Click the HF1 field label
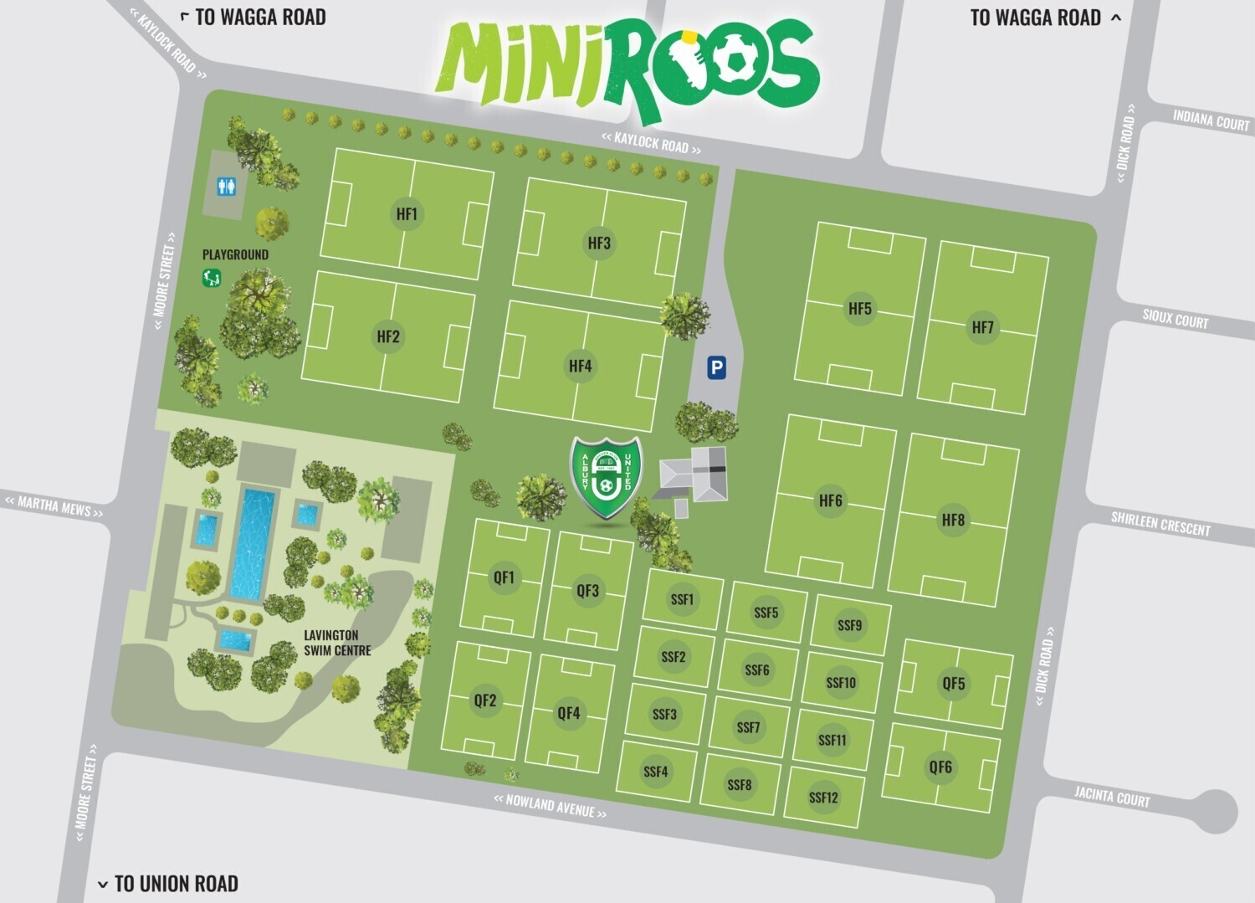[x=407, y=214]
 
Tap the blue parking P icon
[x=715, y=367]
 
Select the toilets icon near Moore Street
[x=226, y=187]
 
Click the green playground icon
[x=212, y=277]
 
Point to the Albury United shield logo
[x=606, y=478]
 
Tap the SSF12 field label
[x=823, y=798]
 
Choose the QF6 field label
[x=940, y=767]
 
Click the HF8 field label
[x=953, y=520]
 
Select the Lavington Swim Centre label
[x=337, y=643]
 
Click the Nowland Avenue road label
[x=550, y=806]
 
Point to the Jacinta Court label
[x=1112, y=796]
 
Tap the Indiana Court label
[x=1211, y=121]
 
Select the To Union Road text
[x=176, y=884]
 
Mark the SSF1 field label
[x=682, y=599]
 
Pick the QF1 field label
[x=504, y=577]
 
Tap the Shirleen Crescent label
[x=1160, y=524]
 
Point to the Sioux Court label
[x=1176, y=319]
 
